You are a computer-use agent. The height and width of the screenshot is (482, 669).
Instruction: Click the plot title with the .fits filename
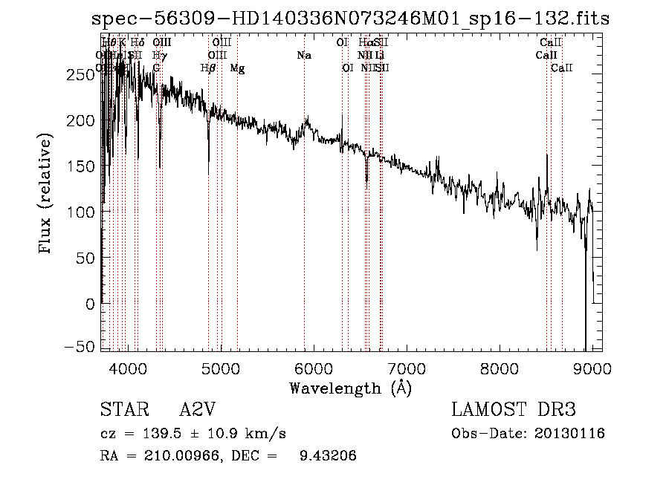point(350,19)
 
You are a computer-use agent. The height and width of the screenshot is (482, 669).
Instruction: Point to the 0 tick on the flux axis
point(91,303)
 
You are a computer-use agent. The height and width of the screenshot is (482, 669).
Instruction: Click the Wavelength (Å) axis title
point(350,388)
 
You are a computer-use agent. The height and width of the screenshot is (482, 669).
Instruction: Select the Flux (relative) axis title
point(46,195)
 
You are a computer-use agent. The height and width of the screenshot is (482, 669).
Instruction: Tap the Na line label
point(303,55)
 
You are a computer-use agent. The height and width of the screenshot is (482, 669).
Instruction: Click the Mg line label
point(237,68)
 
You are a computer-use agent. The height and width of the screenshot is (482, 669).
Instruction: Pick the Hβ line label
point(208,68)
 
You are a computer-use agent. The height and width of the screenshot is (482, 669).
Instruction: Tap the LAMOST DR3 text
point(514,411)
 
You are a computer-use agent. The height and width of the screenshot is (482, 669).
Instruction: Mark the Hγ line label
point(158,55)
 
